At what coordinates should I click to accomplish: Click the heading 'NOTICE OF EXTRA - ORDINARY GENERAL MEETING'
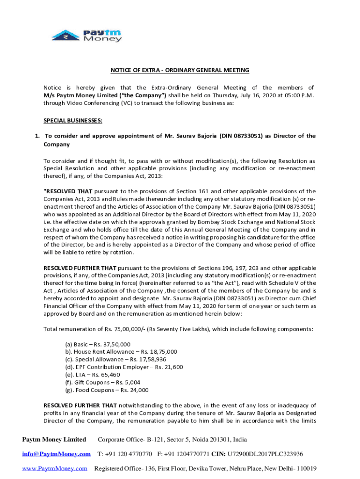pyautogui.click(x=180, y=70)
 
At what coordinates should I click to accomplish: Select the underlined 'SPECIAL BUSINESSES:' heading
pyautogui.click(x=73, y=120)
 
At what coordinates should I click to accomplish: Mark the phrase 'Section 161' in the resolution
pyautogui.click(x=185, y=191)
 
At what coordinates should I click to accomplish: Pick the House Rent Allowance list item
pyautogui.click(x=121, y=351)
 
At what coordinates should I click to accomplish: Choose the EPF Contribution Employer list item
pyautogui.click(x=123, y=367)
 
